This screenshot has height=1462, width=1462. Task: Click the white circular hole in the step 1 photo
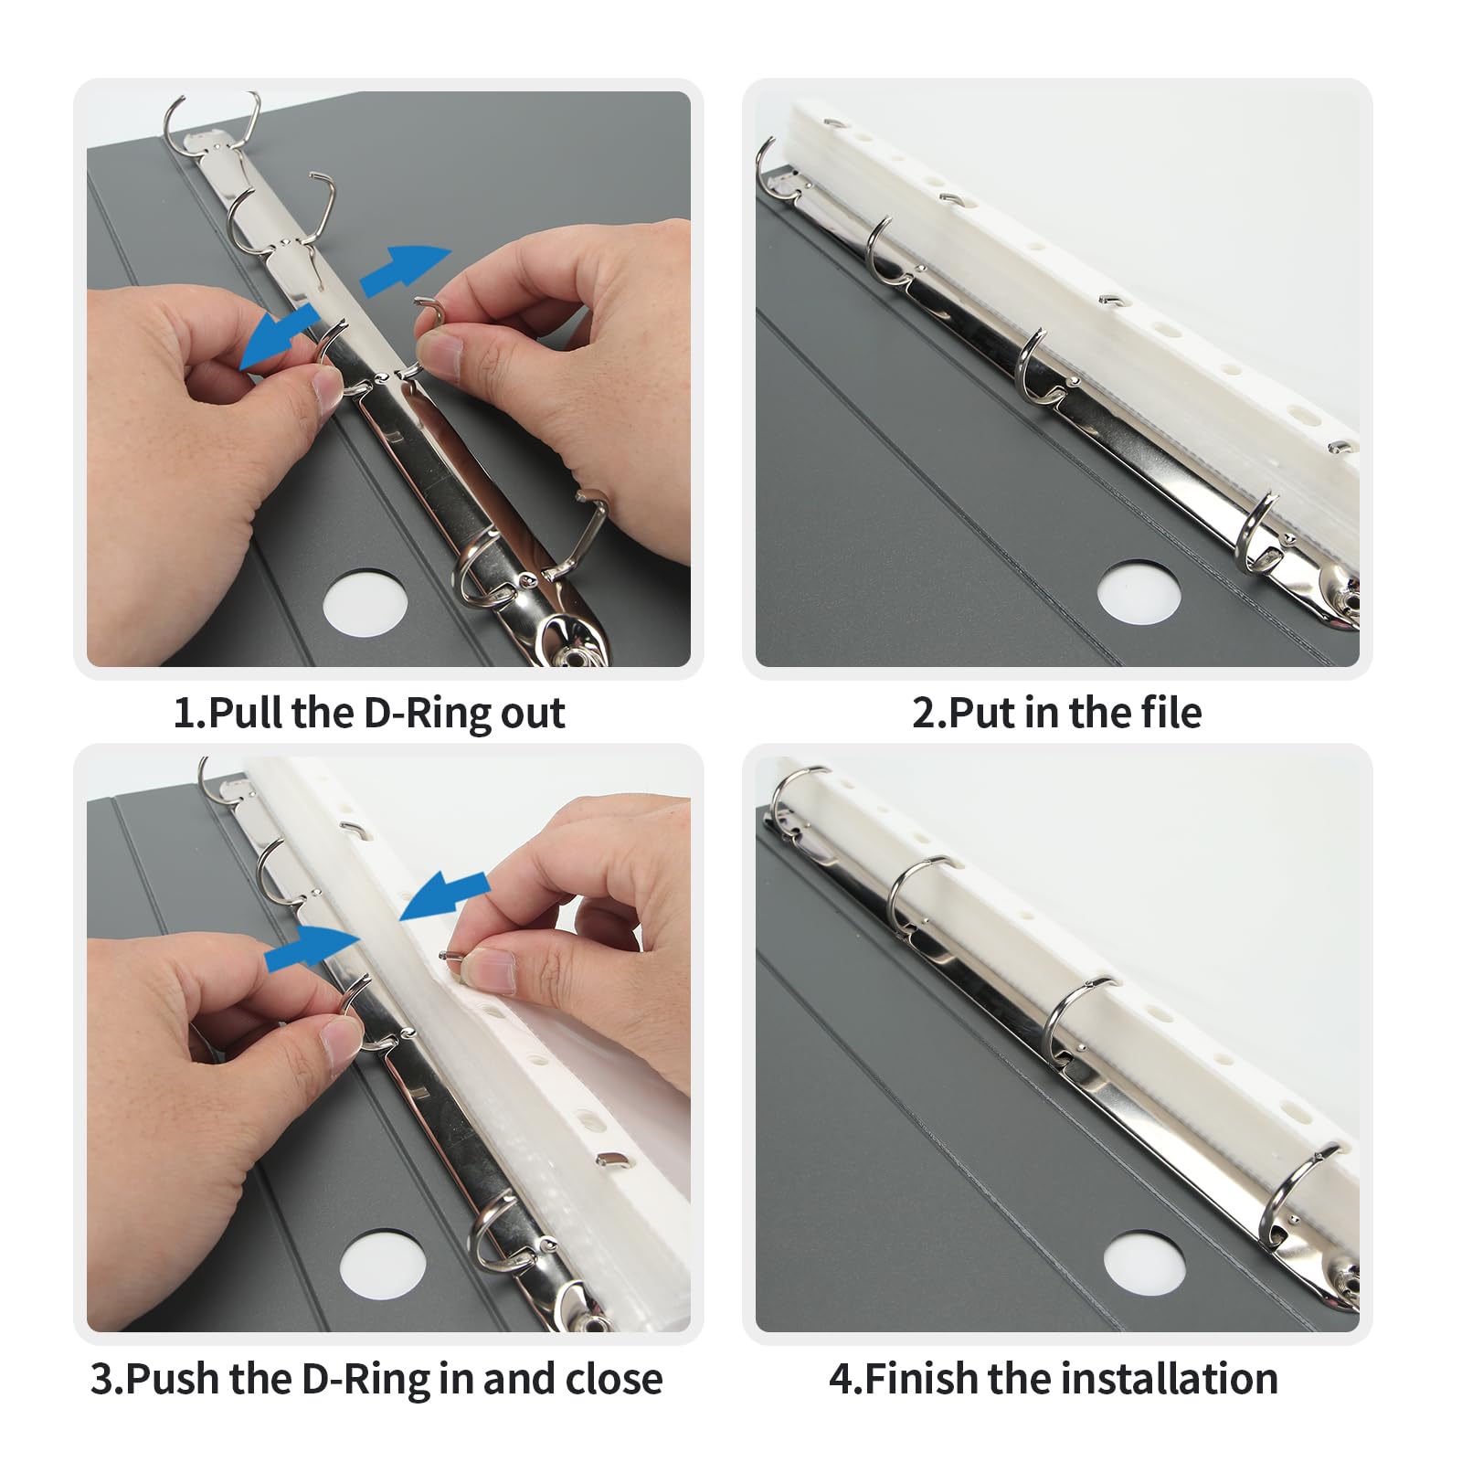tap(365, 602)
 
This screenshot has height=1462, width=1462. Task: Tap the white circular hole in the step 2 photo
tap(1139, 592)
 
